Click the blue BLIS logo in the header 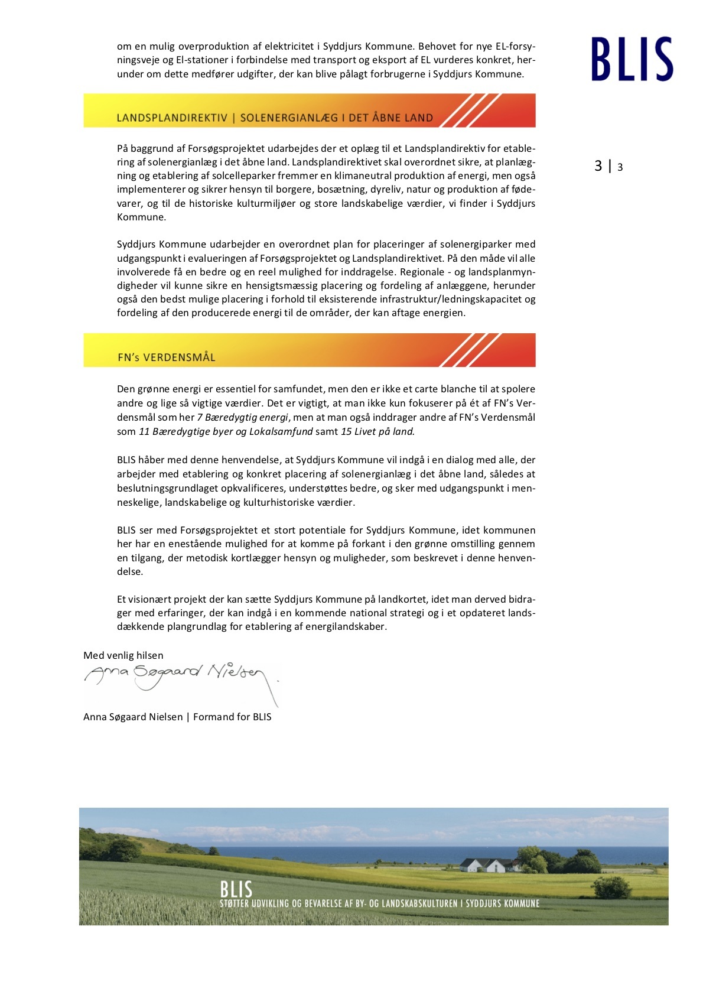632,59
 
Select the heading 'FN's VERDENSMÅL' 167,357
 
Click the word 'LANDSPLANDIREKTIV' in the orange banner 172,118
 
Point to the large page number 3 598,166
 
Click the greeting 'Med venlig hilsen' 123,655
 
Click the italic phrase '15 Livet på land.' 377,431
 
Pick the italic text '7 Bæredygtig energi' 242,417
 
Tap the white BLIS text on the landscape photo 236,889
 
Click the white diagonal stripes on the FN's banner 470,350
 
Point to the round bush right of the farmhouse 611,887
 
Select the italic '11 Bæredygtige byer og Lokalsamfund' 226,431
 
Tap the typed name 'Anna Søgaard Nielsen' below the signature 133,717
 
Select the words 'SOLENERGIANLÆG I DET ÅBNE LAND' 337,118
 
